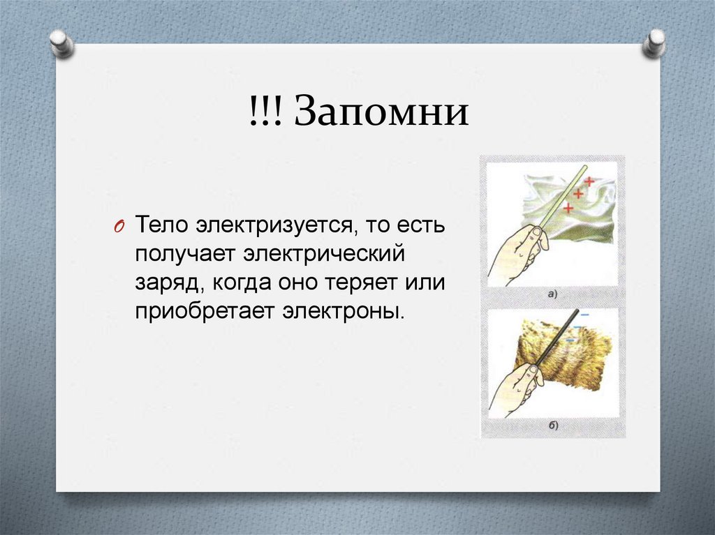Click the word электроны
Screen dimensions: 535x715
coord(343,309)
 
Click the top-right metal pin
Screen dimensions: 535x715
coord(655,43)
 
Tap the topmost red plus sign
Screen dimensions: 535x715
coord(589,181)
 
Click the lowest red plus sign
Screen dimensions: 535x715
coord(568,207)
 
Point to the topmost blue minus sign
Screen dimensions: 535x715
coord(584,315)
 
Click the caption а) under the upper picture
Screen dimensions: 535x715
coord(552,294)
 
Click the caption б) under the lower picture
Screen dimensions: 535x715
coord(552,425)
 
